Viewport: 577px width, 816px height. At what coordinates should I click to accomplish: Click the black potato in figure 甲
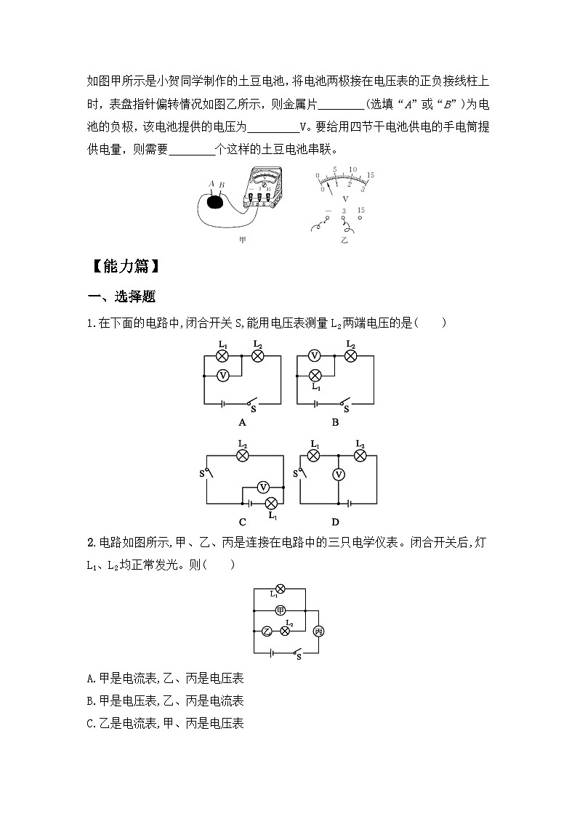pyautogui.click(x=215, y=202)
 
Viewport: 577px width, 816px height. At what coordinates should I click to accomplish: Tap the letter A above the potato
pyautogui.click(x=211, y=185)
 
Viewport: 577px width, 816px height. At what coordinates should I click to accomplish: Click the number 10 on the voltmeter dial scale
pyautogui.click(x=352, y=170)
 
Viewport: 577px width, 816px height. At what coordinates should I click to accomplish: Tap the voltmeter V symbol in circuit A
pyautogui.click(x=224, y=375)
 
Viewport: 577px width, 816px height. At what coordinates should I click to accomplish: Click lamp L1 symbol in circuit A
pyautogui.click(x=224, y=355)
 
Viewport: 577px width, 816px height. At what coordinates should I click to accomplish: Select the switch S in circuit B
pyautogui.click(x=345, y=402)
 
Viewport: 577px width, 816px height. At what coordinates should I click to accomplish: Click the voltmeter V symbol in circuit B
pyautogui.click(x=315, y=355)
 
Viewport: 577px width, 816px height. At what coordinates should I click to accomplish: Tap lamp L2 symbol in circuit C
pyautogui.click(x=243, y=456)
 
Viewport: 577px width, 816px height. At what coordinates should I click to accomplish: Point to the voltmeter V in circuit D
pyautogui.click(x=338, y=474)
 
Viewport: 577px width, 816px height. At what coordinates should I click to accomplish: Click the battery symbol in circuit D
pyautogui.click(x=350, y=502)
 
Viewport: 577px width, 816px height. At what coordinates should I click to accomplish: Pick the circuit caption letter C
pyautogui.click(x=242, y=521)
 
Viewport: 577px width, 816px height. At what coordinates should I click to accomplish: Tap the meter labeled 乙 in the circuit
pyautogui.click(x=267, y=631)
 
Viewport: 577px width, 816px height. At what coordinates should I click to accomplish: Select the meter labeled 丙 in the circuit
pyautogui.click(x=318, y=632)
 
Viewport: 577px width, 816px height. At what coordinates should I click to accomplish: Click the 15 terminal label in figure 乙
pyautogui.click(x=361, y=210)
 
